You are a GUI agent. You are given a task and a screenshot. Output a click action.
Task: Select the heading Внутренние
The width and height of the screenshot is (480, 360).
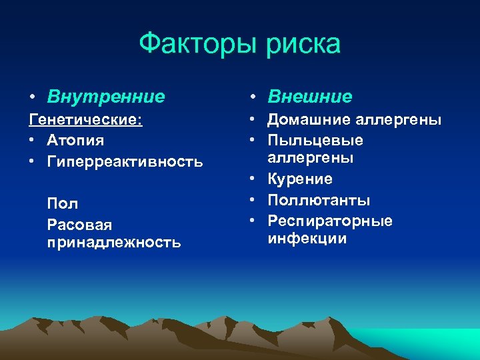[106, 97]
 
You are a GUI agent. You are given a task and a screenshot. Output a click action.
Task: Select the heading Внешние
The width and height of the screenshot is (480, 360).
[310, 97]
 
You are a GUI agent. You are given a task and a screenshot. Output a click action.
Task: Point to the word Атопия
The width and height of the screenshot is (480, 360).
[75, 141]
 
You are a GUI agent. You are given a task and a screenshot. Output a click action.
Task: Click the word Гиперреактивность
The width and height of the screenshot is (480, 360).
[125, 161]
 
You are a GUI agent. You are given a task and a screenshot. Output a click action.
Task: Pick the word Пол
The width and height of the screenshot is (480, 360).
[63, 203]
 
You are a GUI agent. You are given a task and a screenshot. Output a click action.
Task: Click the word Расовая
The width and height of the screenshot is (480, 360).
[79, 224]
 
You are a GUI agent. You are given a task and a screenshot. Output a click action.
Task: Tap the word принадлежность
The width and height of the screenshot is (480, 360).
[113, 242]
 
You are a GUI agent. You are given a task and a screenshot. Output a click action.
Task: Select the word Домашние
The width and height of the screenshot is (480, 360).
[308, 120]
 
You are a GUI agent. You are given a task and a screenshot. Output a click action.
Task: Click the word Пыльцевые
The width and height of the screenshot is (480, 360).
[315, 141]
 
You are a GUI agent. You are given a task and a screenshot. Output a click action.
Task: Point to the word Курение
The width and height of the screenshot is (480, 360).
[300, 179]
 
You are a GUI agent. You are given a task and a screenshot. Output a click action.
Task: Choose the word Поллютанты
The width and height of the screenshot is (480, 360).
[319, 200]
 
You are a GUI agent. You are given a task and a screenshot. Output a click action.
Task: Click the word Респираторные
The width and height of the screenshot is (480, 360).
[330, 221]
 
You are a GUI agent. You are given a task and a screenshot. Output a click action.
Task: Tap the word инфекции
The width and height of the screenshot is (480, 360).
[307, 239]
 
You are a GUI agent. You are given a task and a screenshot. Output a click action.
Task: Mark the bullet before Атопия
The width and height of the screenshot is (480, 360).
[33, 141]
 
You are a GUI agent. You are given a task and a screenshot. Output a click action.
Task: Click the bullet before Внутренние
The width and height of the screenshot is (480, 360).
[33, 97]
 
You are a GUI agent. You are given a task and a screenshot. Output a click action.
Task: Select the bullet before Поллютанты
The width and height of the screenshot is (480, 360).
[254, 201]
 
